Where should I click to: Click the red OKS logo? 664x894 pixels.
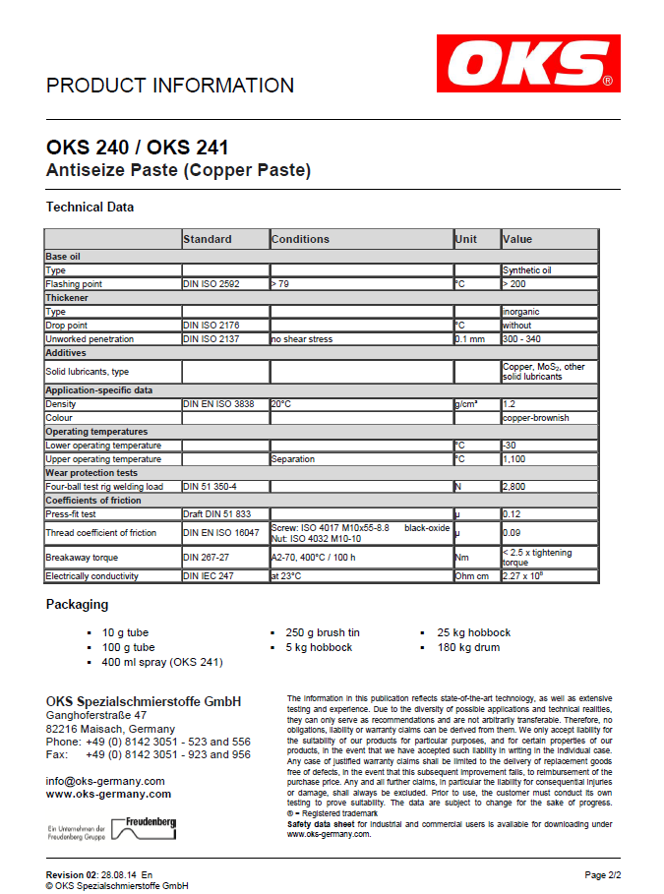(x=529, y=63)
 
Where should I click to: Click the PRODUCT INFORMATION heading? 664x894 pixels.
(x=170, y=86)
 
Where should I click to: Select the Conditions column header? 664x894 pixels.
(x=301, y=239)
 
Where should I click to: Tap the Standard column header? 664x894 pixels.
(x=208, y=239)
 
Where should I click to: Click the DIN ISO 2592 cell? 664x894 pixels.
(x=211, y=284)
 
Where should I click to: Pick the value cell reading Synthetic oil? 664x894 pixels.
(x=527, y=270)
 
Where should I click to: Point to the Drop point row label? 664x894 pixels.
(x=67, y=326)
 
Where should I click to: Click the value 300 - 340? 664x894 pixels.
(x=521, y=339)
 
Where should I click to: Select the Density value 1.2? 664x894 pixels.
(x=510, y=404)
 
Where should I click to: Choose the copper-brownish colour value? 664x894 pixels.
(x=535, y=418)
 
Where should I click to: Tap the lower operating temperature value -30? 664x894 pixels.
(x=510, y=446)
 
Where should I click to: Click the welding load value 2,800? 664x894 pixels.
(x=515, y=487)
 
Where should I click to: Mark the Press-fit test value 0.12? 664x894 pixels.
(x=512, y=514)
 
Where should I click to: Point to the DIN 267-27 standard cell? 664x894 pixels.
(x=206, y=556)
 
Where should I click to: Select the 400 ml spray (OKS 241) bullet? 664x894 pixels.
(x=162, y=662)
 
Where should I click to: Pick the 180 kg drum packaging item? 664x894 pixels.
(x=468, y=647)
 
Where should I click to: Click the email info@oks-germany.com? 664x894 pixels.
(x=105, y=781)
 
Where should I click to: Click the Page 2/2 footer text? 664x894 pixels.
(x=602, y=874)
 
